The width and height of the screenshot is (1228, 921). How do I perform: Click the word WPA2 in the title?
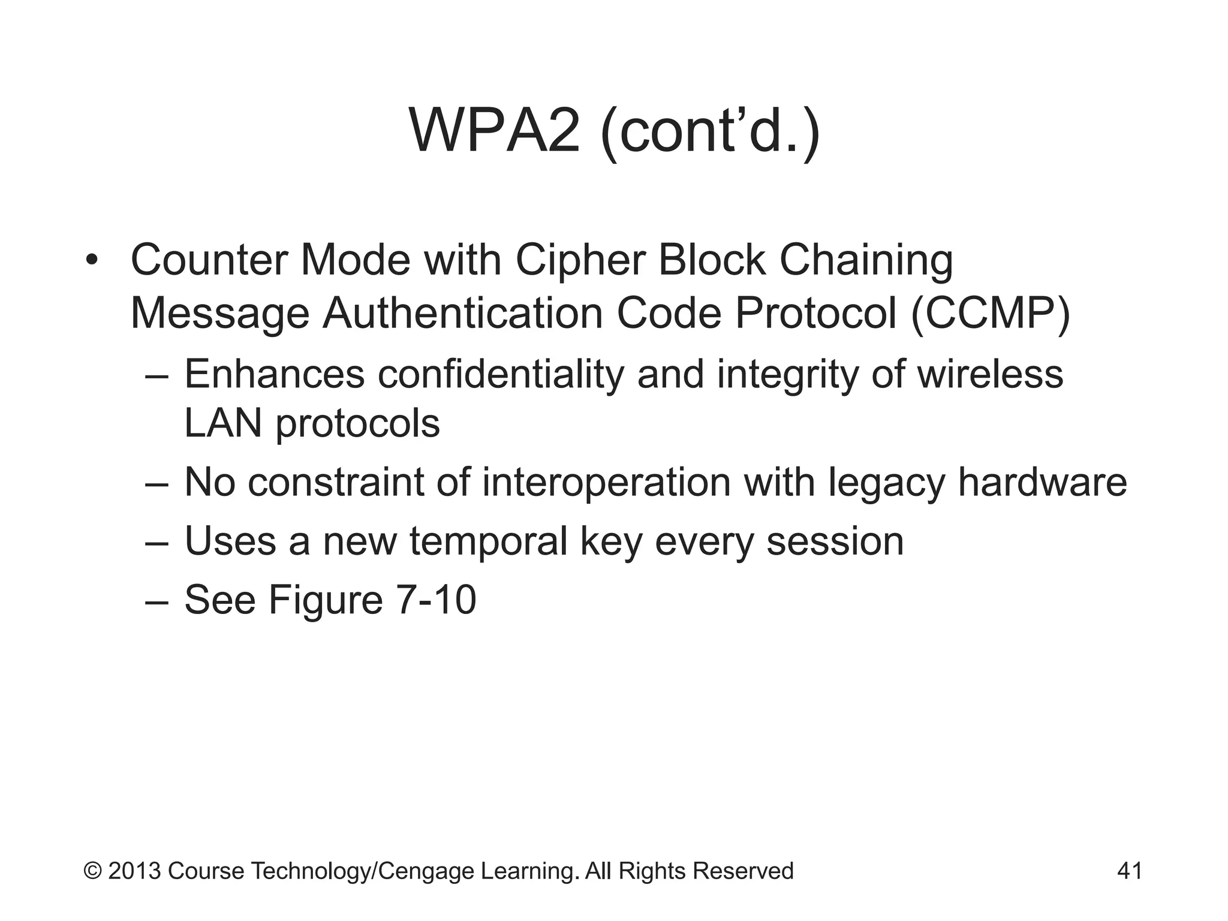coord(495,131)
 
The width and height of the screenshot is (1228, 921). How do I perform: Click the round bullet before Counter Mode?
coord(91,261)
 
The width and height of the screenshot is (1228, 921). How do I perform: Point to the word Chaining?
coord(865,261)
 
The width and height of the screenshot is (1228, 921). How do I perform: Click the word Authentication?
coord(462,314)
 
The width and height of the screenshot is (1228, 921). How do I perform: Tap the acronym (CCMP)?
coord(990,314)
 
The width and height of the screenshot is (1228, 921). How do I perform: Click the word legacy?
coord(886,483)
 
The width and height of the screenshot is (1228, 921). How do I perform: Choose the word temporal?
coord(488,541)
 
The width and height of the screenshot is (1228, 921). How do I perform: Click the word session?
coord(835,541)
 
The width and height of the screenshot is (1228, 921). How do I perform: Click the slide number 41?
coord(1130,871)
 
